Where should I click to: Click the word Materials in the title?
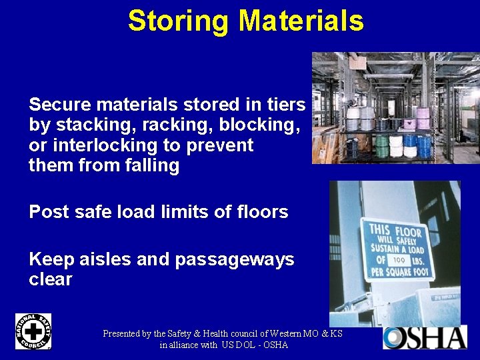tap(302, 21)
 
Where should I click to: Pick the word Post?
tap(49, 212)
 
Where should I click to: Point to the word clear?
tap(51, 279)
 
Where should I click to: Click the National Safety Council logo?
tap(33, 331)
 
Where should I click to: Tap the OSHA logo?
tap(425, 337)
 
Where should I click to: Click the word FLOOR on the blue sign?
tap(409, 233)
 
